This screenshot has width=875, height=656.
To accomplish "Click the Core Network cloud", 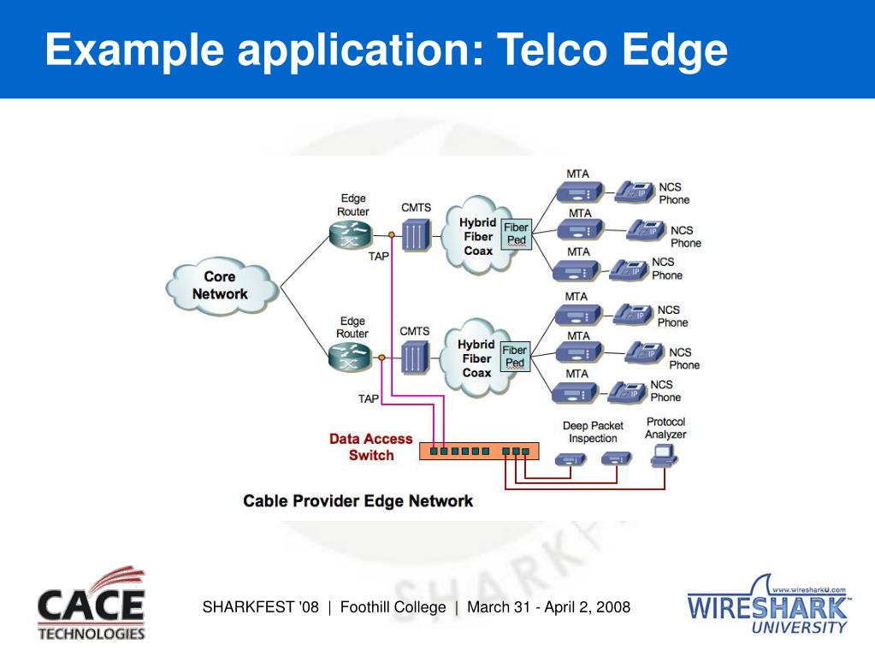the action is (x=222, y=286).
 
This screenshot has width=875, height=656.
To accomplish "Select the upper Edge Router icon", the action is (x=351, y=235).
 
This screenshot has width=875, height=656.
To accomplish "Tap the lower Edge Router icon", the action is (x=350, y=357).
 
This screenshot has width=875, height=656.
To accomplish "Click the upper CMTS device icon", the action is (x=417, y=235).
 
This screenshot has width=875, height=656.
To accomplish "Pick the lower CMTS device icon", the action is (x=415, y=357).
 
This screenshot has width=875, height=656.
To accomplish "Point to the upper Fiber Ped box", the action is (x=516, y=234).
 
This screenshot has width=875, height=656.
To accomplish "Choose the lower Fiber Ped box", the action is (x=515, y=357).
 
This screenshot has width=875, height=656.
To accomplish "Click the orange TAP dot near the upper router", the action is (x=392, y=235).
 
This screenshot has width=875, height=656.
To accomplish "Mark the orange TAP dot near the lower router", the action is (x=381, y=358).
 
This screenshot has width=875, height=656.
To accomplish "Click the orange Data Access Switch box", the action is (x=479, y=451).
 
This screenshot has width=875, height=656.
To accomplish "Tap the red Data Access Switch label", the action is (x=371, y=446).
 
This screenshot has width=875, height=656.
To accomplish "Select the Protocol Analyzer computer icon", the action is (x=664, y=458).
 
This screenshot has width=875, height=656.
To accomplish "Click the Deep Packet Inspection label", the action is (x=593, y=432).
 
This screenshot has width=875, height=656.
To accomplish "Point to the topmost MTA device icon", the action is (x=581, y=193).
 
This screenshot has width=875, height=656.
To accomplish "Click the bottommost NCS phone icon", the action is (x=627, y=393).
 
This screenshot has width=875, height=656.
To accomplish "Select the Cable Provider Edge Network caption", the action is (x=358, y=501).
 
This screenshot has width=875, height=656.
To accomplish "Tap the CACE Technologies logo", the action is (x=92, y=604).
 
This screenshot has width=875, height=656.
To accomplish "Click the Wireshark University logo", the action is (x=768, y=605).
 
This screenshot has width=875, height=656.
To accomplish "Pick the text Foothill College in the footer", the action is (x=393, y=607).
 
